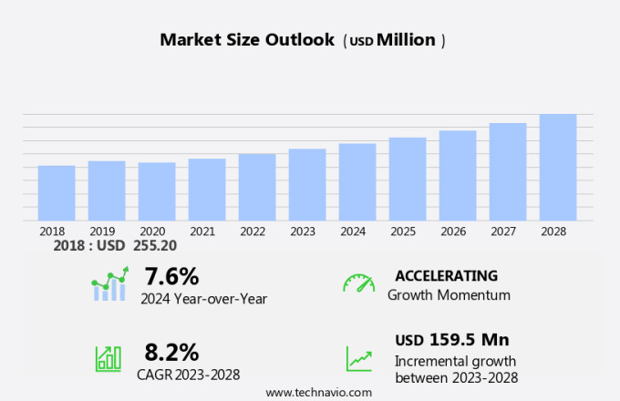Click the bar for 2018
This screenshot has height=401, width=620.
(57, 193)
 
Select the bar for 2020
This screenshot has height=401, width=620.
(157, 191)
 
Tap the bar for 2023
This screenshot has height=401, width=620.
(307, 185)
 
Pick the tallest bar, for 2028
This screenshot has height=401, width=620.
(558, 168)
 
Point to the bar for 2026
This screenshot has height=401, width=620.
(458, 176)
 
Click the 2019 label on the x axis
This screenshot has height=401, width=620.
(102, 231)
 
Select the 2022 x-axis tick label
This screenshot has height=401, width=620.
(253, 231)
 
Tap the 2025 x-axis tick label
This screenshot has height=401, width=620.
(403, 231)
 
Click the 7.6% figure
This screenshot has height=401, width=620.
(170, 275)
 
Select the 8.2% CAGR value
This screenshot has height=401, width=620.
(171, 352)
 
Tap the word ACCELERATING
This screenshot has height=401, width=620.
(446, 275)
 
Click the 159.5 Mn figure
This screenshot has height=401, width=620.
(469, 340)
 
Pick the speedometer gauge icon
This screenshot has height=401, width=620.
(358, 283)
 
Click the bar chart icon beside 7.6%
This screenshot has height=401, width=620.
(110, 284)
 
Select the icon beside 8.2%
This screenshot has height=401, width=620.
(108, 358)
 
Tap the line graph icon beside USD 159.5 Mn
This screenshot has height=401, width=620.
(358, 358)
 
